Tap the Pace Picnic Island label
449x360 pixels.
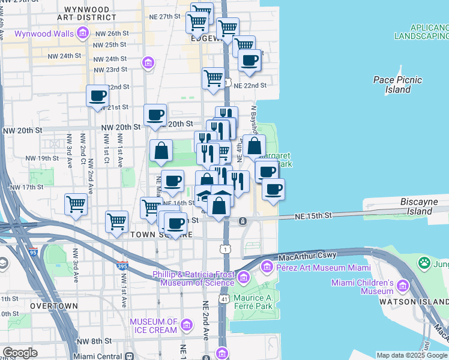397,85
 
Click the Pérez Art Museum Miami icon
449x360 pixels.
243,277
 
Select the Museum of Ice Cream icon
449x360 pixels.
186,325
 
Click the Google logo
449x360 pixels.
20,353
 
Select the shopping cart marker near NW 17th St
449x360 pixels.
76,205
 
